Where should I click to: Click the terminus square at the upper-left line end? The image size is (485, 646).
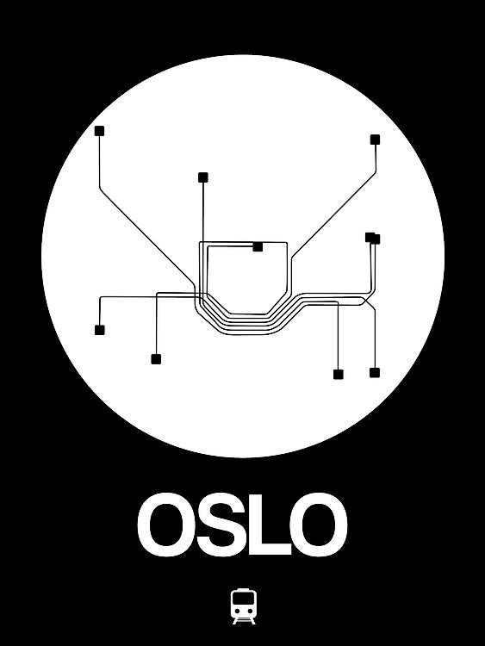pyautogui.click(x=99, y=131)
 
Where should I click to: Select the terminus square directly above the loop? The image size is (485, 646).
pyautogui.click(x=203, y=177)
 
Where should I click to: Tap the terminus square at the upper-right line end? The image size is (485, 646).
pyautogui.click(x=375, y=140)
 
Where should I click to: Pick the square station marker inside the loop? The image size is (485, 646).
pyautogui.click(x=258, y=247)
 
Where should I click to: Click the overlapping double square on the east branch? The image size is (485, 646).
pyautogui.click(x=372, y=238)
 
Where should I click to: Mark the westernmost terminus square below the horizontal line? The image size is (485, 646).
pyautogui.click(x=99, y=330)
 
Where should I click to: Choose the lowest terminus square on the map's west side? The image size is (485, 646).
pyautogui.click(x=156, y=359)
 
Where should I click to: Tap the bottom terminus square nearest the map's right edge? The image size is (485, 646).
pyautogui.click(x=375, y=373)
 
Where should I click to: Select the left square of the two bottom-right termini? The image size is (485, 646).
pyautogui.click(x=339, y=375)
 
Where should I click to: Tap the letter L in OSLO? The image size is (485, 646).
pyautogui.click(x=269, y=525)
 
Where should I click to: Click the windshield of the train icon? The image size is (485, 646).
pyautogui.click(x=244, y=599)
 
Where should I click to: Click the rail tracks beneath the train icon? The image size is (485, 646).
pyautogui.click(x=244, y=620)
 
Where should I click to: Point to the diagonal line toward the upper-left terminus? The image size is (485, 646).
pyautogui.click(x=147, y=237)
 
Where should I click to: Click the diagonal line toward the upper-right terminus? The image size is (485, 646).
pyautogui.click(x=333, y=216)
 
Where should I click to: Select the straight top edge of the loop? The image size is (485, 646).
pyautogui.click(x=243, y=242)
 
